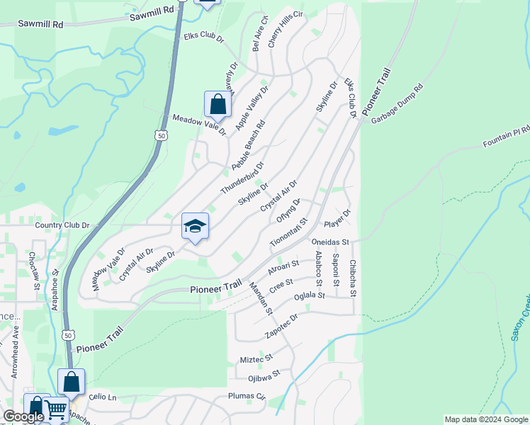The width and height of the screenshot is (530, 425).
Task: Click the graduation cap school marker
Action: tap(195, 226)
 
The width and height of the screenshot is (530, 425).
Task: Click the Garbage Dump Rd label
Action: tap(397, 104)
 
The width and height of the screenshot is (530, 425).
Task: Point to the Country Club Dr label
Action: tap(62, 225)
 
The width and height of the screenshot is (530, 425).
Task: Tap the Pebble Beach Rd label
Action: tap(248, 144)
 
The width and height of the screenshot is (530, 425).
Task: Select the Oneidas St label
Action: tap(331, 242)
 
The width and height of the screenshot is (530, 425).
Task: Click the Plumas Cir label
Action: tap(246, 397)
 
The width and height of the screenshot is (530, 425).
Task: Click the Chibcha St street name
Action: tap(352, 278)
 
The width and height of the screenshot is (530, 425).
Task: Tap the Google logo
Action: tap(23, 417)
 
